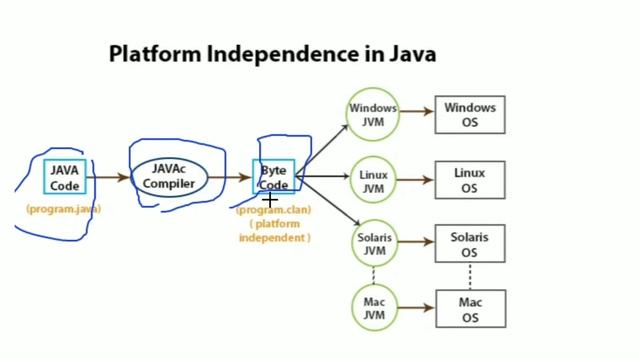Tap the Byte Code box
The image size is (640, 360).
(x=274, y=177)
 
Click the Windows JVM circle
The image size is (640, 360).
(x=373, y=115)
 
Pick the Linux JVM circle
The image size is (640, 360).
(x=373, y=181)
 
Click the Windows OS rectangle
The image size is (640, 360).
(x=469, y=115)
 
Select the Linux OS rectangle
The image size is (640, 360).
(x=469, y=181)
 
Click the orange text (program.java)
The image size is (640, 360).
(x=65, y=210)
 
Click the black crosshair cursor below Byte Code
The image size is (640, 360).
(x=269, y=201)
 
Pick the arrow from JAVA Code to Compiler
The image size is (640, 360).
(x=109, y=178)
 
